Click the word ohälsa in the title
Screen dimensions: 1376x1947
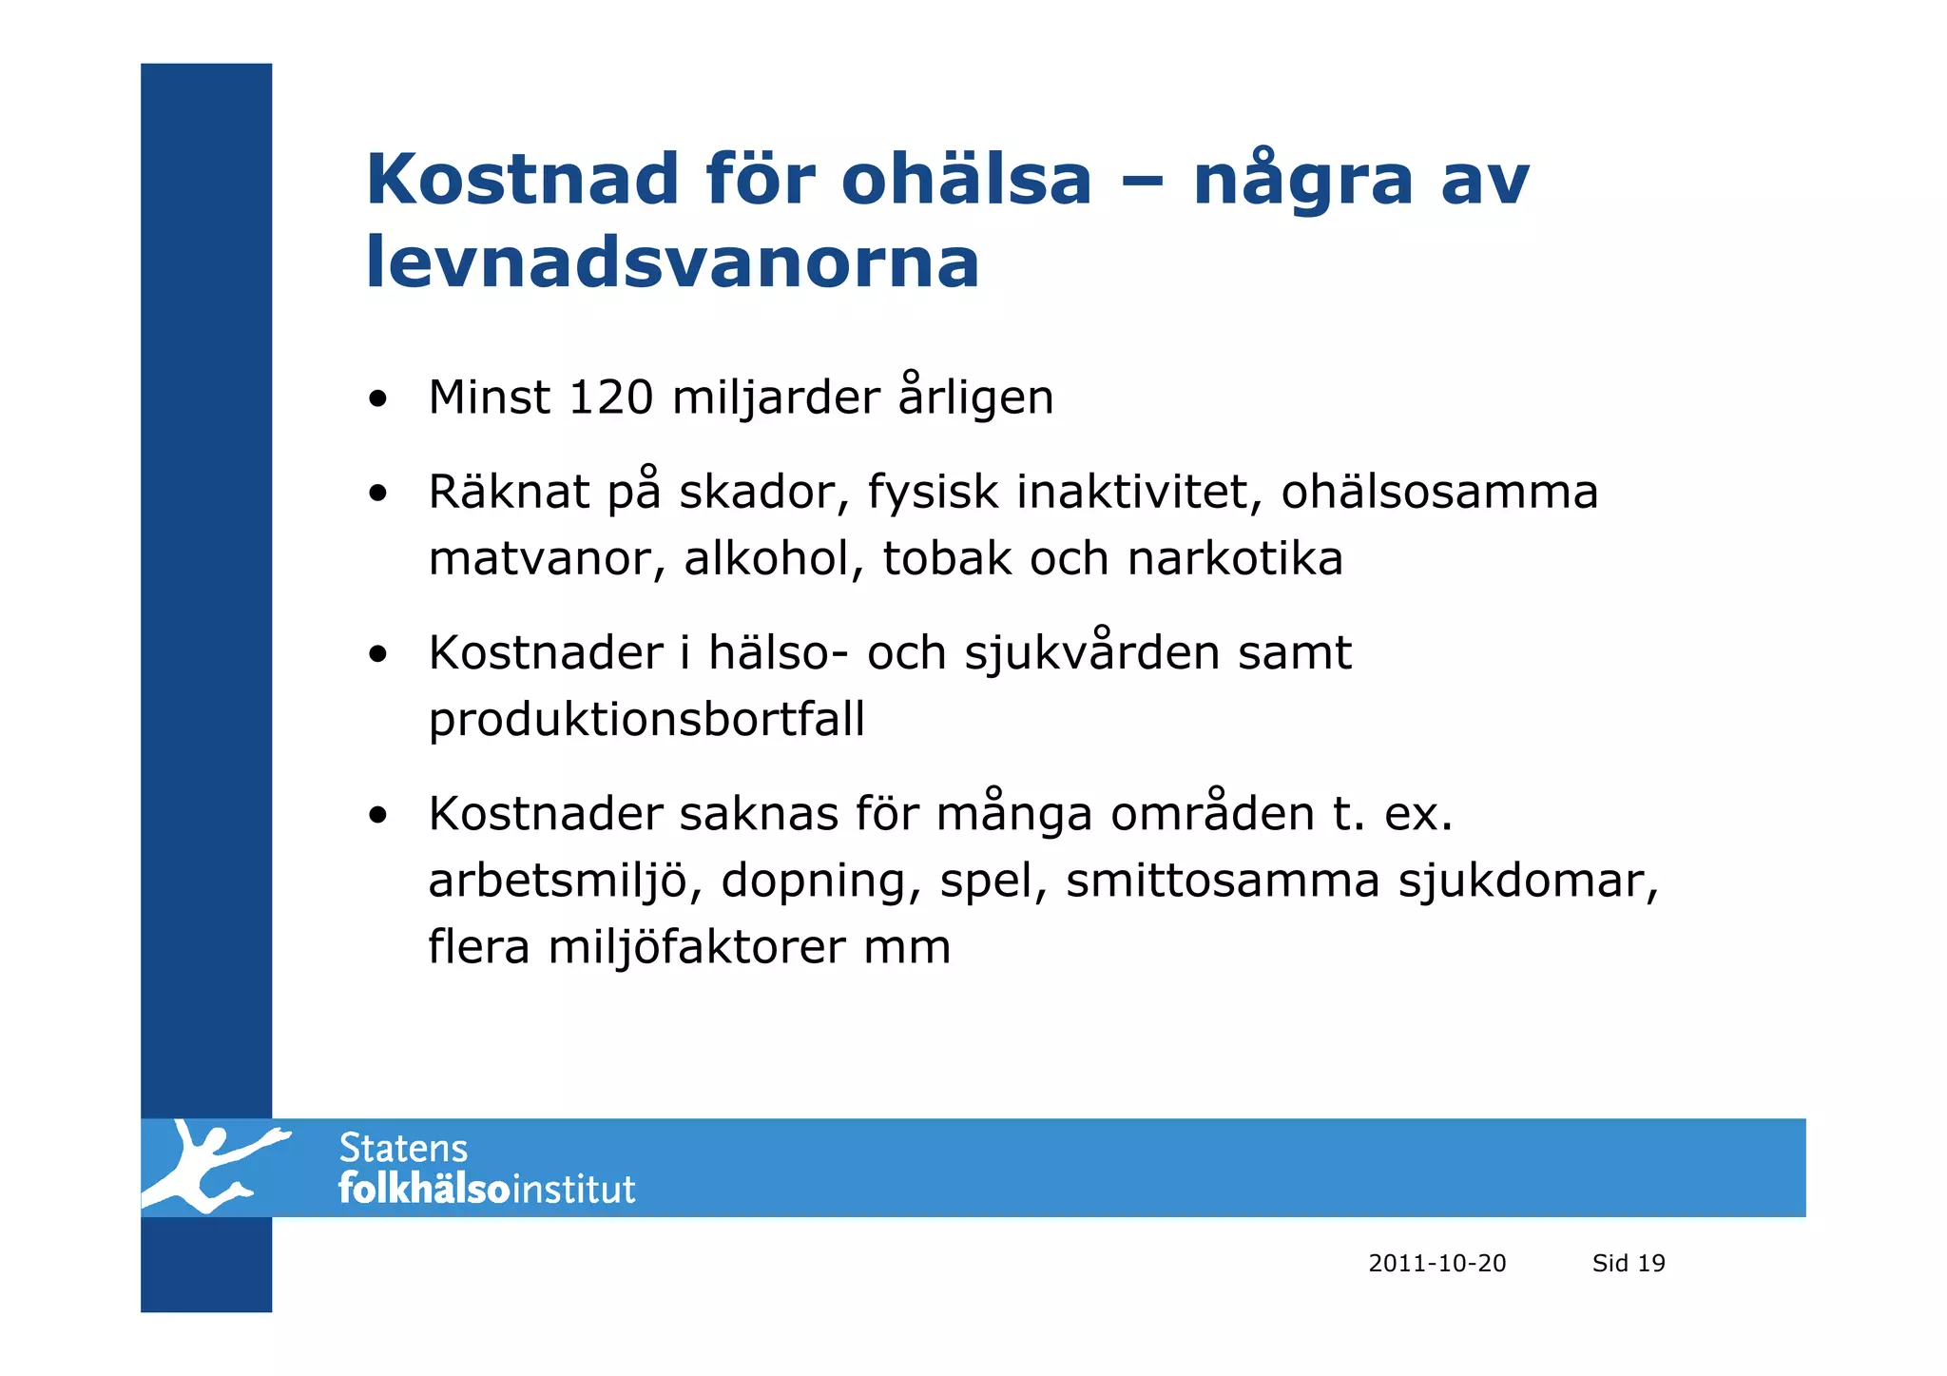click(966, 179)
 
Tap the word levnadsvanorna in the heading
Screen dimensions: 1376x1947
click(672, 262)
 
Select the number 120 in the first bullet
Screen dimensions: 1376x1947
click(609, 397)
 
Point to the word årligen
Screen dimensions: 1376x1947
click(975, 397)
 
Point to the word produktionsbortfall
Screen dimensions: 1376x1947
click(646, 719)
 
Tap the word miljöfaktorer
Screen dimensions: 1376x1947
click(696, 947)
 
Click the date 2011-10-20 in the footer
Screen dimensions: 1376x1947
click(1436, 1263)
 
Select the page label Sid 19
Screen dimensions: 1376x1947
click(1629, 1263)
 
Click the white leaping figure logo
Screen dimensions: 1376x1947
click(213, 1167)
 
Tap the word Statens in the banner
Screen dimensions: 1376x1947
click(403, 1149)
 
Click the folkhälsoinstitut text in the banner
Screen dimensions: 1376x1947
click(487, 1190)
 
